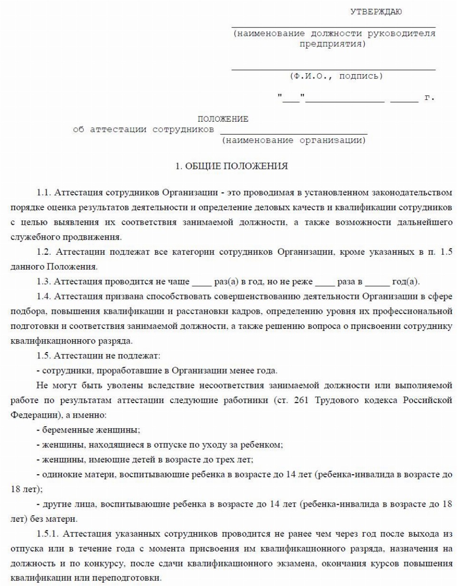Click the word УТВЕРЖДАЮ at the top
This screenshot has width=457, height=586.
(x=376, y=12)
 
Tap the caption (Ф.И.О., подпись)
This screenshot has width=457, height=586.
(x=336, y=76)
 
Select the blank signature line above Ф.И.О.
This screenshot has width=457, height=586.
(x=333, y=69)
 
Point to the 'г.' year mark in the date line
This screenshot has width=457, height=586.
(x=429, y=98)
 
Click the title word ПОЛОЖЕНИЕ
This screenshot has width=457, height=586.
(x=223, y=119)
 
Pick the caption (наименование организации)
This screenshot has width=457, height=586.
(x=293, y=141)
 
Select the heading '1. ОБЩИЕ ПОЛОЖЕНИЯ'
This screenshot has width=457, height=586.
(x=232, y=166)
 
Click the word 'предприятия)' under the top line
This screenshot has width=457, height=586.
(x=333, y=44)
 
